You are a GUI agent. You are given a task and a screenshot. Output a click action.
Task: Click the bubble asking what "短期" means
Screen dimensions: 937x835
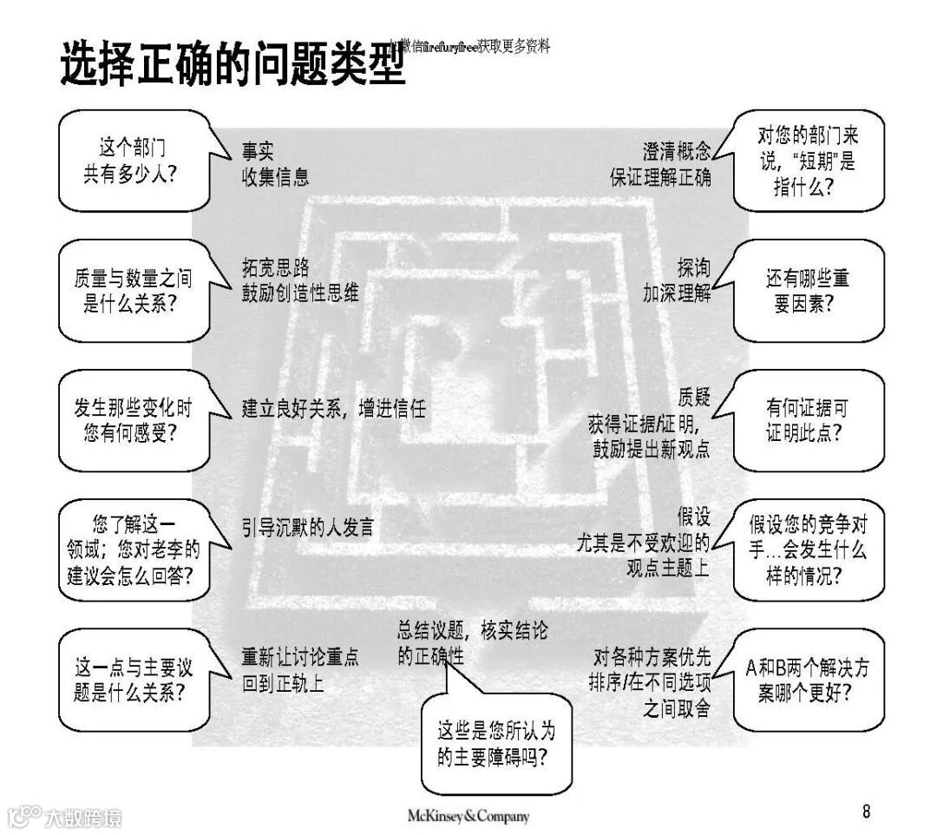click(x=807, y=161)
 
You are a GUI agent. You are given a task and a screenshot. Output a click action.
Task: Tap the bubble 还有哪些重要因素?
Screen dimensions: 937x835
click(x=807, y=291)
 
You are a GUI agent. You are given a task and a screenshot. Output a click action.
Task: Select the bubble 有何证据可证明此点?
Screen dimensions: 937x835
click(x=807, y=420)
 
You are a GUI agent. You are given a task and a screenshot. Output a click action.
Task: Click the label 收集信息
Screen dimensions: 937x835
click(x=275, y=177)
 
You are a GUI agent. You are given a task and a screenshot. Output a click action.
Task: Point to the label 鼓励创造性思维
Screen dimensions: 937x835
click(x=300, y=293)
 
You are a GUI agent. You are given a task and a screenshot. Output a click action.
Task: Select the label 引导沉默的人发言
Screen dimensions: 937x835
click(x=307, y=527)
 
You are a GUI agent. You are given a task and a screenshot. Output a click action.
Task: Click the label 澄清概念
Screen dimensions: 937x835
click(x=677, y=151)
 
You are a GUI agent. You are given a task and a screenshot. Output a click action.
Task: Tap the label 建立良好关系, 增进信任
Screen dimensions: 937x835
click(x=334, y=408)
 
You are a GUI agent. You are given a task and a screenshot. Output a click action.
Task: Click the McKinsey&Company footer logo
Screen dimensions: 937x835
click(x=468, y=816)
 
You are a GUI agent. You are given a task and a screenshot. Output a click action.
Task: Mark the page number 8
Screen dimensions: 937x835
click(x=866, y=812)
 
